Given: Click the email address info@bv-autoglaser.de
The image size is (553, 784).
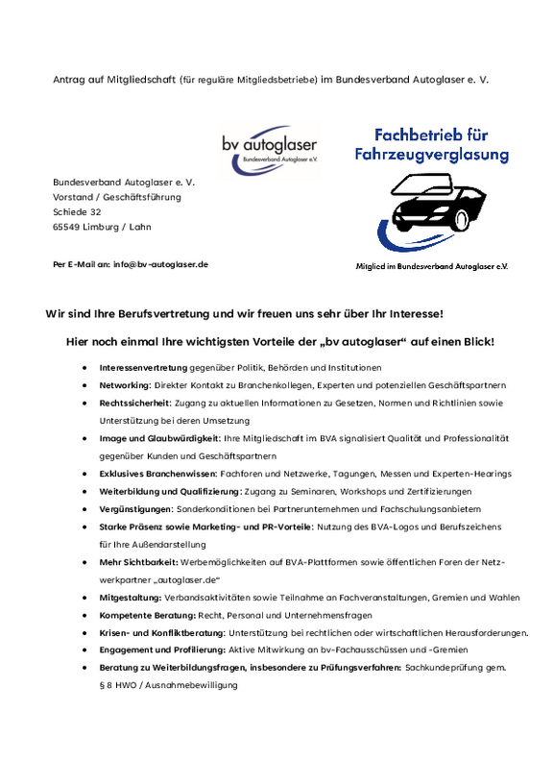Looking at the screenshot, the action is pos(160,263).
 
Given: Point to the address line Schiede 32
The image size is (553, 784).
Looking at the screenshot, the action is pos(77,211).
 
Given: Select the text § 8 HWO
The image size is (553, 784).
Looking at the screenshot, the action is pos(120,685).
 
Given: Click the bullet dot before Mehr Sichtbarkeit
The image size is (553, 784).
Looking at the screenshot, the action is pos(85,562).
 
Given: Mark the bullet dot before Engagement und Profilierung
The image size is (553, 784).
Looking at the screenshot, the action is pos(85,650).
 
